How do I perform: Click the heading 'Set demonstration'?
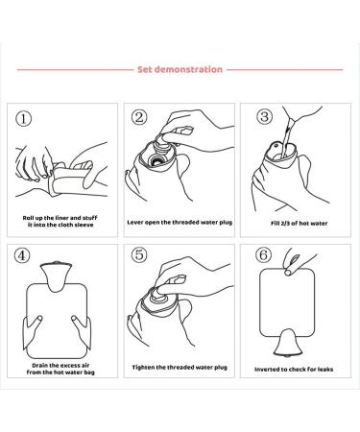click(x=180, y=69)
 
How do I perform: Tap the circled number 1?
click(x=28, y=119)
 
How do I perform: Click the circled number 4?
click(x=28, y=257)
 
